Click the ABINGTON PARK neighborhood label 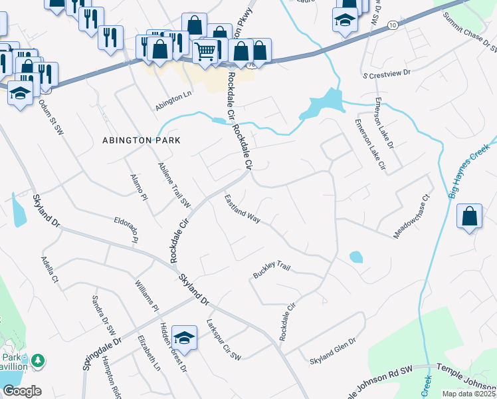click(141, 140)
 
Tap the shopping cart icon click(205, 50)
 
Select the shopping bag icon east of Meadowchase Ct click(469, 217)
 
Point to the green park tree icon click(39, 360)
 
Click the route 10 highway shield click(393, 25)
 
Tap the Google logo click(21, 390)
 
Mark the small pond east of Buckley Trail click(356, 257)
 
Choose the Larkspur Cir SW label click(223, 342)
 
